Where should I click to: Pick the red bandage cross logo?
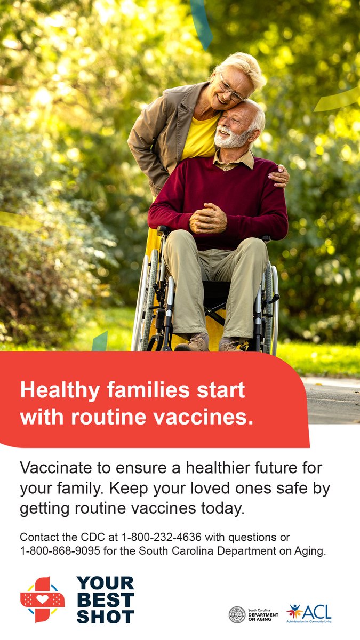pyautogui.click(x=42, y=599)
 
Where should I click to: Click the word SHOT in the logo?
pyautogui.click(x=105, y=616)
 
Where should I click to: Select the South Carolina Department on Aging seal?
pyautogui.click(x=237, y=615)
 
